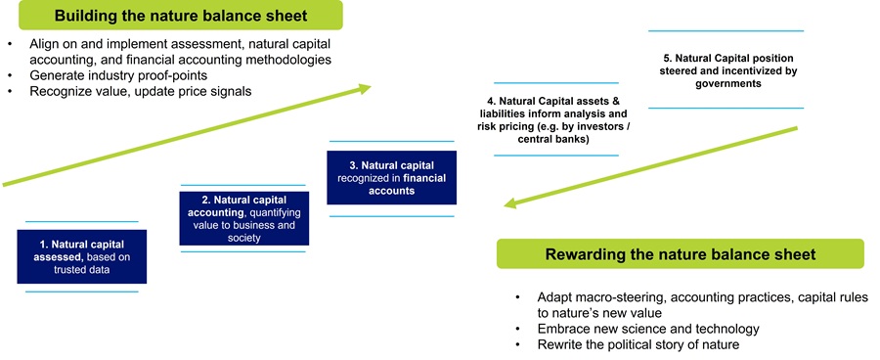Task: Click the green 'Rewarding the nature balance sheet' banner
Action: [680, 254]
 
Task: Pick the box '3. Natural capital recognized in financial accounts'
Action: [391, 177]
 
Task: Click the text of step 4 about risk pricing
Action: [555, 119]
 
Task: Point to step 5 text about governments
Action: [726, 70]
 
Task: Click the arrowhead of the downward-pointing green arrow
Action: [509, 203]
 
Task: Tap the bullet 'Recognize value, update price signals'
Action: [127, 91]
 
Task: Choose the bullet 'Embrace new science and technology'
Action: [648, 329]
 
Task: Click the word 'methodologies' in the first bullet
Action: [285, 60]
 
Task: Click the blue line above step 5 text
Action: [726, 31]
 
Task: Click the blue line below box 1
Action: [81, 292]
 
